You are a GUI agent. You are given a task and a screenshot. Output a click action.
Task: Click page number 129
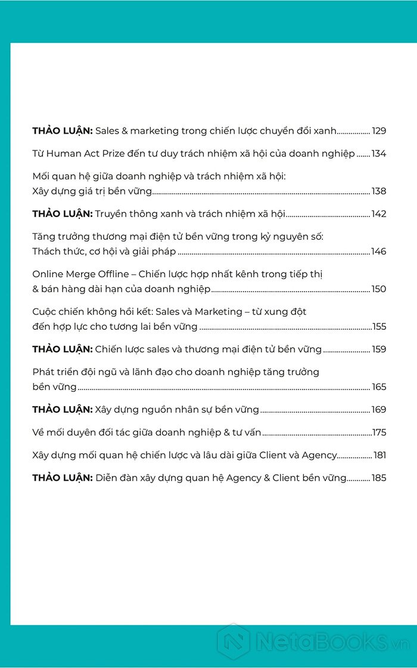coord(379,131)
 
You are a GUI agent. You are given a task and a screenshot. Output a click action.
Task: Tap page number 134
coord(379,153)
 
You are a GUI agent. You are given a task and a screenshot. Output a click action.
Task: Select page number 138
coord(379,191)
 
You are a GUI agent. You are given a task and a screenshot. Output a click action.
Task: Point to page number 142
coord(379,214)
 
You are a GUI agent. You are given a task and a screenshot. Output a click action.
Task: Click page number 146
coord(379,251)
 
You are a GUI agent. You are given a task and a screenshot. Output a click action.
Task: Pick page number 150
coord(379,289)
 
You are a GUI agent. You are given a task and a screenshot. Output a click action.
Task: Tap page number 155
coord(379,326)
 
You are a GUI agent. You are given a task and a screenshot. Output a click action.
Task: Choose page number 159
coord(379,349)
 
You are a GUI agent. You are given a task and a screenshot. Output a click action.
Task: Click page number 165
coord(379,386)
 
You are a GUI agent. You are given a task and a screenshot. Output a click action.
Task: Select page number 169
coord(379,409)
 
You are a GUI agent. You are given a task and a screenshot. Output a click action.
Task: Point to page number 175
coord(379,432)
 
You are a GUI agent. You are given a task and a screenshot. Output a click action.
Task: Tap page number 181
coord(379,454)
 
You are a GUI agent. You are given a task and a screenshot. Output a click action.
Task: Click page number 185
coord(379,477)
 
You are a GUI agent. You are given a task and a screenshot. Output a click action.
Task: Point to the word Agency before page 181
coord(319,455)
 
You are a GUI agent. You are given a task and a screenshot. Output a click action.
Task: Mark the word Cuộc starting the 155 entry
coord(45,311)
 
